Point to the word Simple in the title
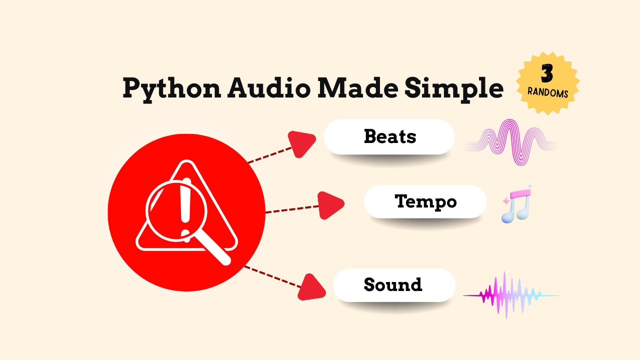tap(453, 88)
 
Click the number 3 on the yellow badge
tap(547, 73)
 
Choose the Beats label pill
tap(389, 136)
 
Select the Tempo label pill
tap(425, 201)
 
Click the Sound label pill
tap(394, 285)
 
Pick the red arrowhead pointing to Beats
tap(300, 143)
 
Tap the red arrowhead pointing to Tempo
tap(329, 204)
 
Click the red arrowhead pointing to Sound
tap(311, 287)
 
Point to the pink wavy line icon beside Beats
tap(511, 142)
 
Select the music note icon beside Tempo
tap(517, 204)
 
